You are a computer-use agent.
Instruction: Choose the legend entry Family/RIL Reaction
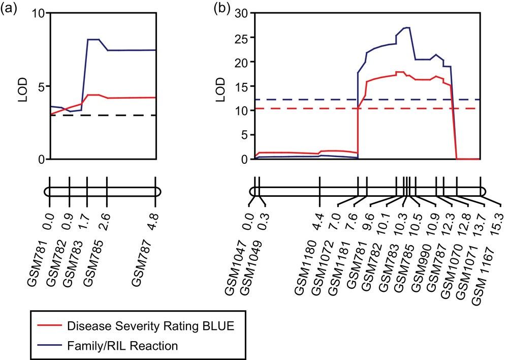click(122, 346)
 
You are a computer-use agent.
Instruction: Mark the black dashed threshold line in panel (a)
click(102, 115)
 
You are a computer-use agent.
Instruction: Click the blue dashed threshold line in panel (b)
click(305, 100)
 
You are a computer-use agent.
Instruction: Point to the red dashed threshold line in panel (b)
click(305, 108)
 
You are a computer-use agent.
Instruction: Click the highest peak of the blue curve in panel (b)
click(407, 27)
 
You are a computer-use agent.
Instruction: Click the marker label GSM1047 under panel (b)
click(239, 274)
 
